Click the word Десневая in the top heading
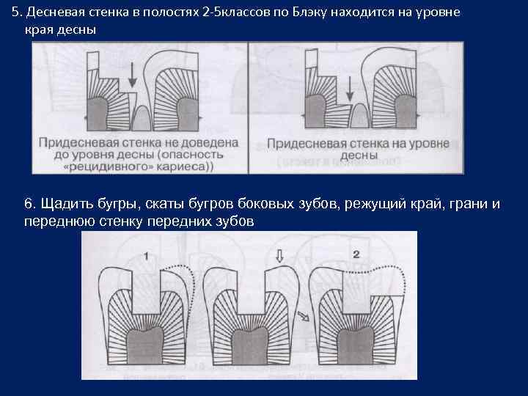point(51,14)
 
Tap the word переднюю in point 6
point(58,220)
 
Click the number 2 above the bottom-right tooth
point(356,254)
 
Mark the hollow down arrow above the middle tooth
point(279,257)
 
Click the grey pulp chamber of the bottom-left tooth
point(147,345)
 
